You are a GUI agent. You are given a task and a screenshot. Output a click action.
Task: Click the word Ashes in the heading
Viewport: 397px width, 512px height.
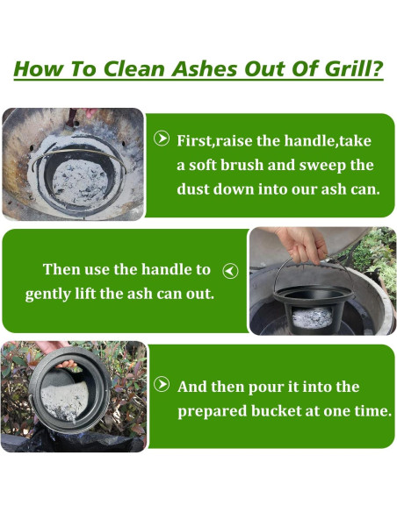coord(204,68)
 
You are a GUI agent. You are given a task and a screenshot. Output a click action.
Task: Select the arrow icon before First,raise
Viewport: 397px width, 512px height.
coord(162,139)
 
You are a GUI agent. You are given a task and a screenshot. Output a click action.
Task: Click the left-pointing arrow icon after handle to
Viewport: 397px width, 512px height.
coord(230,271)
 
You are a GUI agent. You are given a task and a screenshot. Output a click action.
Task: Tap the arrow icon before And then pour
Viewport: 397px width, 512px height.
coord(162,384)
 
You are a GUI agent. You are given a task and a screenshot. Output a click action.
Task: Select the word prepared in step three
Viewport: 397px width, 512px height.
coord(213,412)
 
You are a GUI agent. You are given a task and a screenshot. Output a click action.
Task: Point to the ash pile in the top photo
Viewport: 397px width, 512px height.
coord(80,181)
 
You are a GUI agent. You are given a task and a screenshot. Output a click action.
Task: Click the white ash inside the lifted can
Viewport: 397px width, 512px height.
coord(312,317)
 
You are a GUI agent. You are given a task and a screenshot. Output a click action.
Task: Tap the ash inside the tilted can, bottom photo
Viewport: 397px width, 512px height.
coord(64,401)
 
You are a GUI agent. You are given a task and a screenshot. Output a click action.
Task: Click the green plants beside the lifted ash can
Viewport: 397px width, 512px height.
coord(376,258)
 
